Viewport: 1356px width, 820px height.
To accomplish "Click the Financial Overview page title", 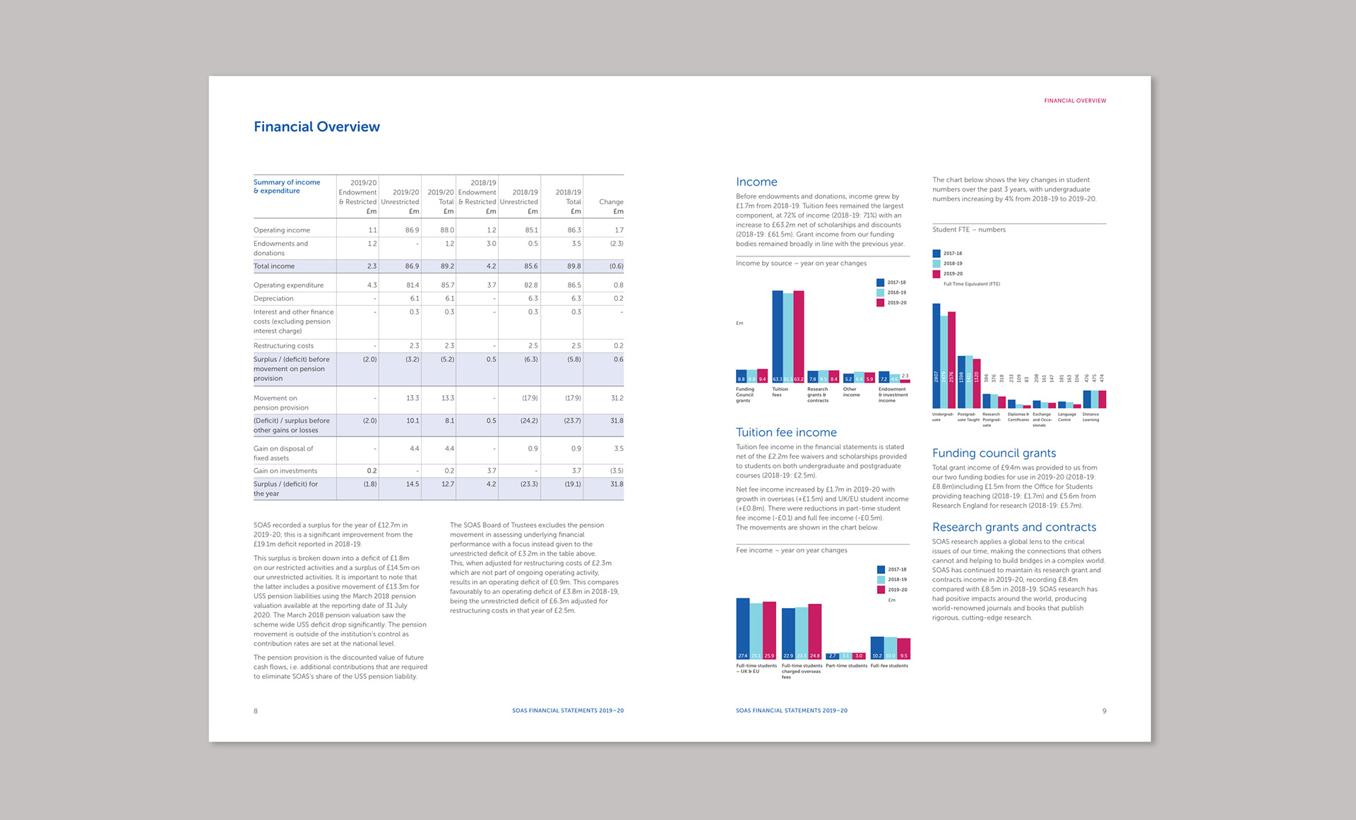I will point(316,127).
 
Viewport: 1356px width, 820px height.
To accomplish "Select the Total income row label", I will point(274,266).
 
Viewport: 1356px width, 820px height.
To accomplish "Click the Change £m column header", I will point(611,206).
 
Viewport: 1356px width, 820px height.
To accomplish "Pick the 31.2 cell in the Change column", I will point(617,398).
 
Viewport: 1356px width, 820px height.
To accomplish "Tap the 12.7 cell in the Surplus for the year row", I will point(447,485).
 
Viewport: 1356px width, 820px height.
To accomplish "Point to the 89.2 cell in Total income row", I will point(447,266).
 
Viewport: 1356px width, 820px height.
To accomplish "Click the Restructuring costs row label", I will point(283,346).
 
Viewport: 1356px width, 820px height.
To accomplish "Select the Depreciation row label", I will point(273,299).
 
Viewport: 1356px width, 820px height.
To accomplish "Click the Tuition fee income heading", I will point(786,432).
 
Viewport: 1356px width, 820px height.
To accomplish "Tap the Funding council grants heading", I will point(994,453).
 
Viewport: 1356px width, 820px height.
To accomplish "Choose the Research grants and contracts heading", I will point(1014,527).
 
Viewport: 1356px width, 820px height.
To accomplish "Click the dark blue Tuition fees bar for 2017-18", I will point(777,332).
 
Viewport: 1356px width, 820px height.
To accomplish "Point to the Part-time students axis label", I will point(846,666).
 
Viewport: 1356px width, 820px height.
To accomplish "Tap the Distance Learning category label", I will point(1090,417).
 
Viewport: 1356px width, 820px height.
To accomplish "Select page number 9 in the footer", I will point(1104,711).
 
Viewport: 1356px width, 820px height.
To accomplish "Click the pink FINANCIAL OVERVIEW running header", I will point(1075,101).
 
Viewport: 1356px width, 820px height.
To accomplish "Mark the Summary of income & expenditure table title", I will point(287,186).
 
